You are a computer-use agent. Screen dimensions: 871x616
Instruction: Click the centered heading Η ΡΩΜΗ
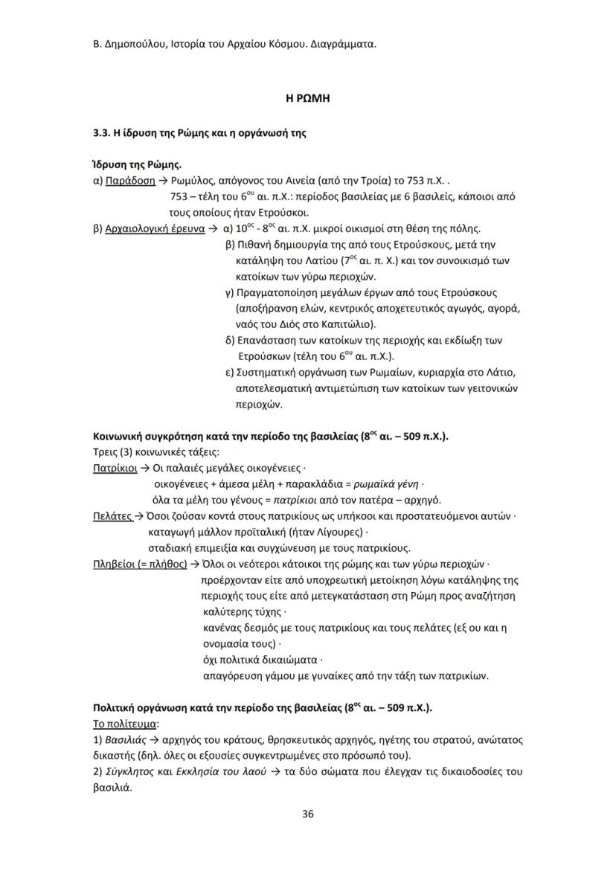click(x=307, y=98)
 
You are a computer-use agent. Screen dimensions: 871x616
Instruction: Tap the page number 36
click(x=307, y=814)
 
